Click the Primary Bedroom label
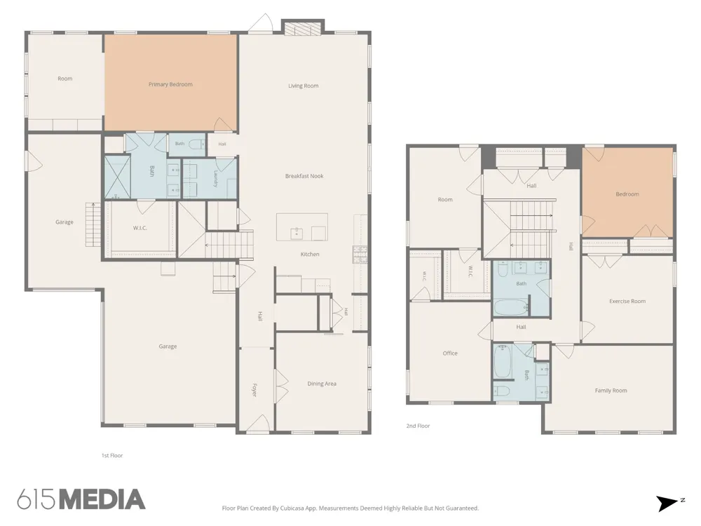pos(170,84)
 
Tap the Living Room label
pos(303,86)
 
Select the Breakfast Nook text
pos(304,176)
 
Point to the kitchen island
pos(301,227)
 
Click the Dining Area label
pos(322,384)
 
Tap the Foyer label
pos(254,389)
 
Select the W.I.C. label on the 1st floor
pos(139,228)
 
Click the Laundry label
pos(215,178)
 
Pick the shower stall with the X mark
pos(117,177)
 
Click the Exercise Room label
pos(627,301)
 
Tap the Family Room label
pos(611,390)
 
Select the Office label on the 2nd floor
pos(450,353)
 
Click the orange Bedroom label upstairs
pos(627,194)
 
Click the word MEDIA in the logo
pos(103,499)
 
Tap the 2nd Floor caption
pos(418,426)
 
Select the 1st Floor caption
pos(111,455)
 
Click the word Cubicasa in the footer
pos(293,508)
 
